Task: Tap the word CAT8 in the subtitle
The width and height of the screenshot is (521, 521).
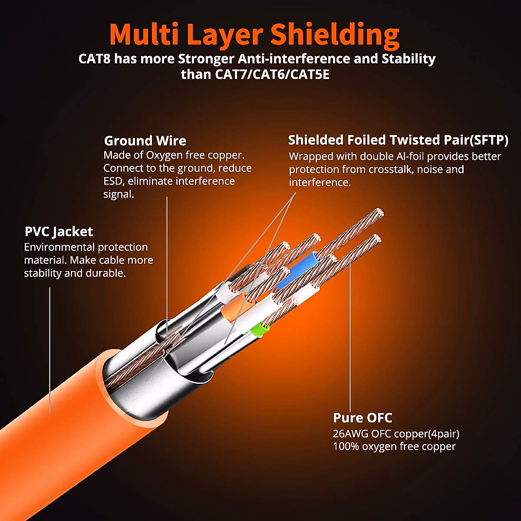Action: click(94, 59)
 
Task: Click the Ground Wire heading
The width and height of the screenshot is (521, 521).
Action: click(145, 141)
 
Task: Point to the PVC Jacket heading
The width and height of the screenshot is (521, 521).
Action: click(59, 231)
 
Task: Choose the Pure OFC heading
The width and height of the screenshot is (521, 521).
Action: click(363, 418)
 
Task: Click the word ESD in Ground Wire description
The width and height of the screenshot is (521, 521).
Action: click(114, 181)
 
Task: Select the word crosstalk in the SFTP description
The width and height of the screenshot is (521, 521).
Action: click(390, 169)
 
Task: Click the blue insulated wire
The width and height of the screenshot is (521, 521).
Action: click(295, 271)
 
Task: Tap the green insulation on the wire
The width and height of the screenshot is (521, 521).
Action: click(259, 329)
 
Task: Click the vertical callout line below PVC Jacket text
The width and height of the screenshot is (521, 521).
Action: click(49, 347)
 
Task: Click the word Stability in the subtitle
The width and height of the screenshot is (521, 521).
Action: click(408, 59)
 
